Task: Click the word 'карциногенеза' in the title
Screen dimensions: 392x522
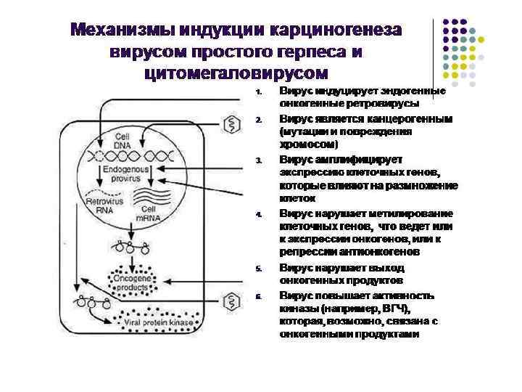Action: pos(337,31)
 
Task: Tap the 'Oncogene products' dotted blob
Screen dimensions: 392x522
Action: pos(130,282)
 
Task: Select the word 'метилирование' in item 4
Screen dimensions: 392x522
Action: pos(417,213)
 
